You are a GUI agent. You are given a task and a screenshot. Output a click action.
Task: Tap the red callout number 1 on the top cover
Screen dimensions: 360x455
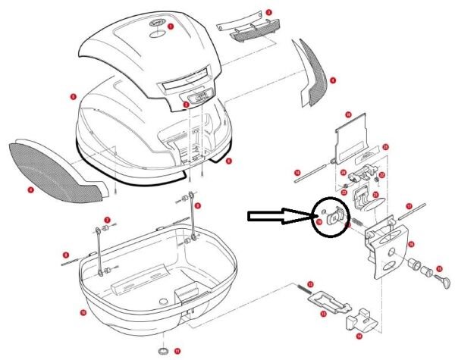(x=171, y=27)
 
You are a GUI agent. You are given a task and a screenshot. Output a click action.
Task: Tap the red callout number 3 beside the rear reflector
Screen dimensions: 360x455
(x=268, y=12)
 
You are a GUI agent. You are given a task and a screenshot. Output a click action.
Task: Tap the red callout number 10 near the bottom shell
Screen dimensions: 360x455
(x=83, y=311)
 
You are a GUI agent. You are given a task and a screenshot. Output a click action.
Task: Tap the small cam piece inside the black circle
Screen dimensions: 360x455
(x=334, y=218)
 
